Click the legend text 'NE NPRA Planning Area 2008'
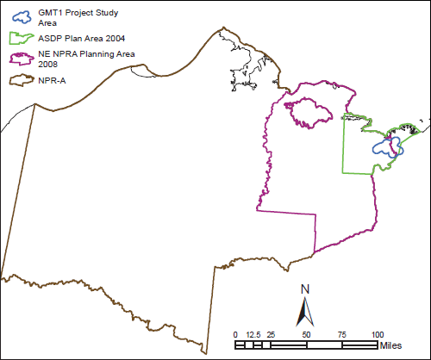click(x=82, y=58)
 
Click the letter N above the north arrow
click(x=304, y=289)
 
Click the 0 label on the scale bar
click(x=235, y=334)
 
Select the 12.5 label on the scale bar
click(x=253, y=334)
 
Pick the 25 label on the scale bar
click(x=271, y=334)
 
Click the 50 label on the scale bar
click(x=306, y=334)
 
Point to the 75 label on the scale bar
click(x=341, y=334)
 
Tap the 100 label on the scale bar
click(x=377, y=334)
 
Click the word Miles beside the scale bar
click(x=390, y=345)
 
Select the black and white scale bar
click(x=306, y=344)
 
